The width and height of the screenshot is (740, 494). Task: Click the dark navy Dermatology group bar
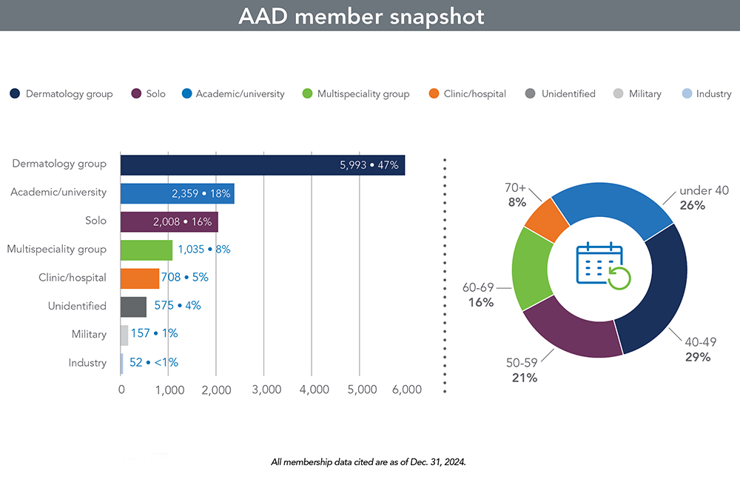click(x=263, y=165)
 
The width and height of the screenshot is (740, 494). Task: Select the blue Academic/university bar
click(x=178, y=193)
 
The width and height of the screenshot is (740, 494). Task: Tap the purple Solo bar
click(x=169, y=221)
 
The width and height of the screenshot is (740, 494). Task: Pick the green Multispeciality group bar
click(x=146, y=250)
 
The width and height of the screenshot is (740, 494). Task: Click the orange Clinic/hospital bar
click(x=140, y=278)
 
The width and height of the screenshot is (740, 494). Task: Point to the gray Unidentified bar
click(x=133, y=306)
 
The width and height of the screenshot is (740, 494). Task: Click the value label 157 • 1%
click(x=154, y=334)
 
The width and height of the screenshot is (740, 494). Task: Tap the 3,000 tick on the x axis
click(x=263, y=390)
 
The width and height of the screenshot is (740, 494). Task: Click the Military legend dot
click(x=619, y=94)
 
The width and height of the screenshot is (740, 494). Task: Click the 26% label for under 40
click(x=693, y=205)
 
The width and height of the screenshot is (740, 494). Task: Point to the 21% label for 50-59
click(x=524, y=378)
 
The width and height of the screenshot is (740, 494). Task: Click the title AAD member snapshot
click(x=361, y=16)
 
